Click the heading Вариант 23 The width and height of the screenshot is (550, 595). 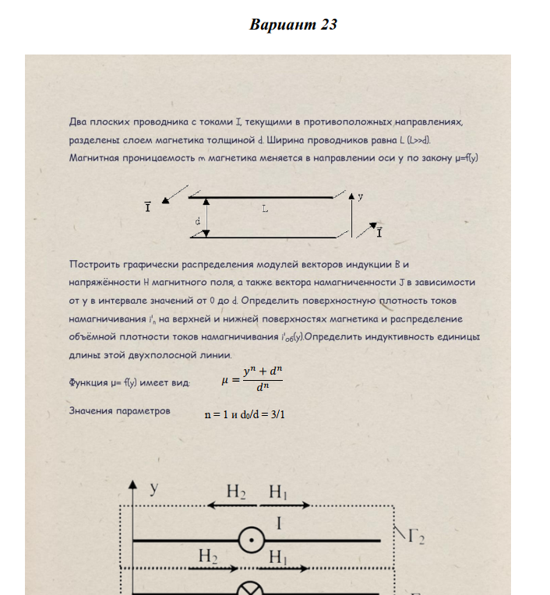[293, 25]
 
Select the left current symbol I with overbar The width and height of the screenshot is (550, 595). [147, 207]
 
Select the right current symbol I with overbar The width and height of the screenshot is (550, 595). [379, 232]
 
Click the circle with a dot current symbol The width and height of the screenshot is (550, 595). [252, 540]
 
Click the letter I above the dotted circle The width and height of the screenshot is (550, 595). [279, 524]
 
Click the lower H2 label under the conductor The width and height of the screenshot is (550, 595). [208, 556]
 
